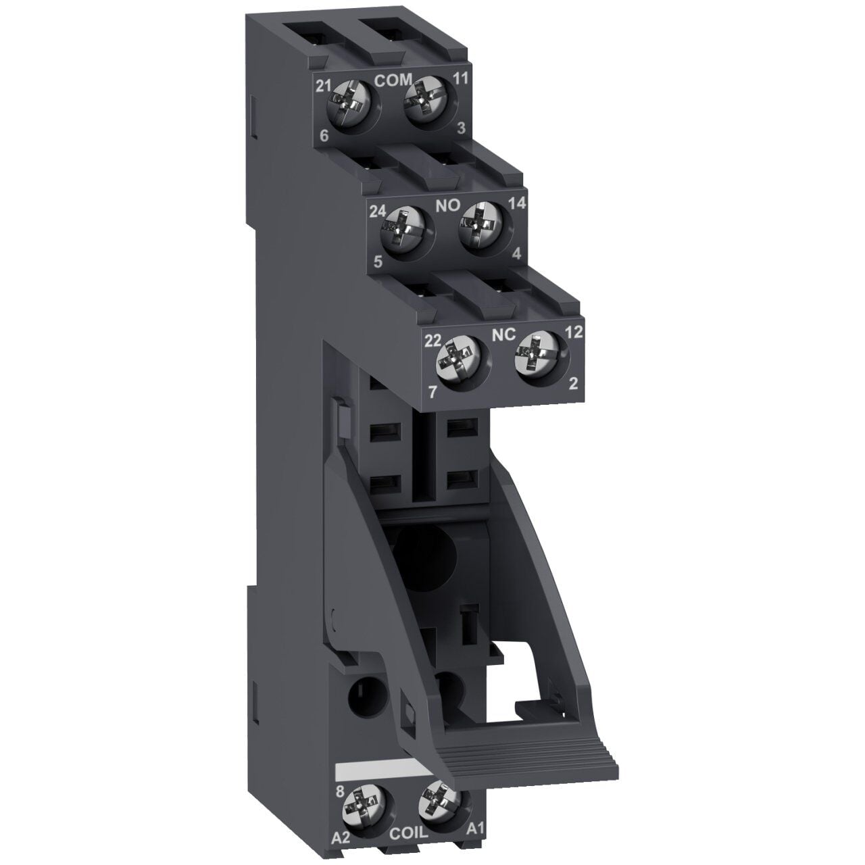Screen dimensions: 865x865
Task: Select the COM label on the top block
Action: [x=393, y=80]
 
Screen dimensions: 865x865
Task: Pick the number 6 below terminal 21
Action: [x=324, y=137]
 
